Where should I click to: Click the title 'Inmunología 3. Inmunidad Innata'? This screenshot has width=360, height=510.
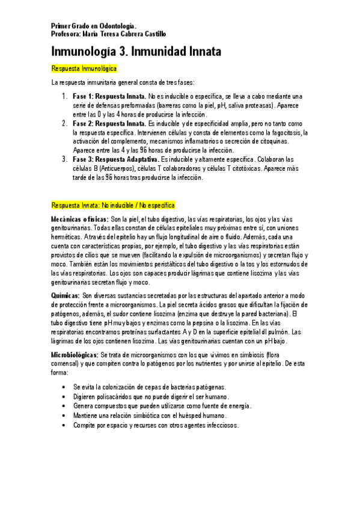[x=136, y=52]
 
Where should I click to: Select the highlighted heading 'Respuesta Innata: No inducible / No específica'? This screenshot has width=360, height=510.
[x=113, y=205]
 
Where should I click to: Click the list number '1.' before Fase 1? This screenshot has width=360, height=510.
[x=64, y=96]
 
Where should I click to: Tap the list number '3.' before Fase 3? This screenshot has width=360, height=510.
[x=64, y=159]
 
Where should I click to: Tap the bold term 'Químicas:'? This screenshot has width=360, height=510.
[x=66, y=296]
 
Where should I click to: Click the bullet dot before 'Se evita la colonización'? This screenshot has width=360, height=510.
[x=64, y=386]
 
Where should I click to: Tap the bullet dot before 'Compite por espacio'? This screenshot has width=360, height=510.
[x=64, y=425]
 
